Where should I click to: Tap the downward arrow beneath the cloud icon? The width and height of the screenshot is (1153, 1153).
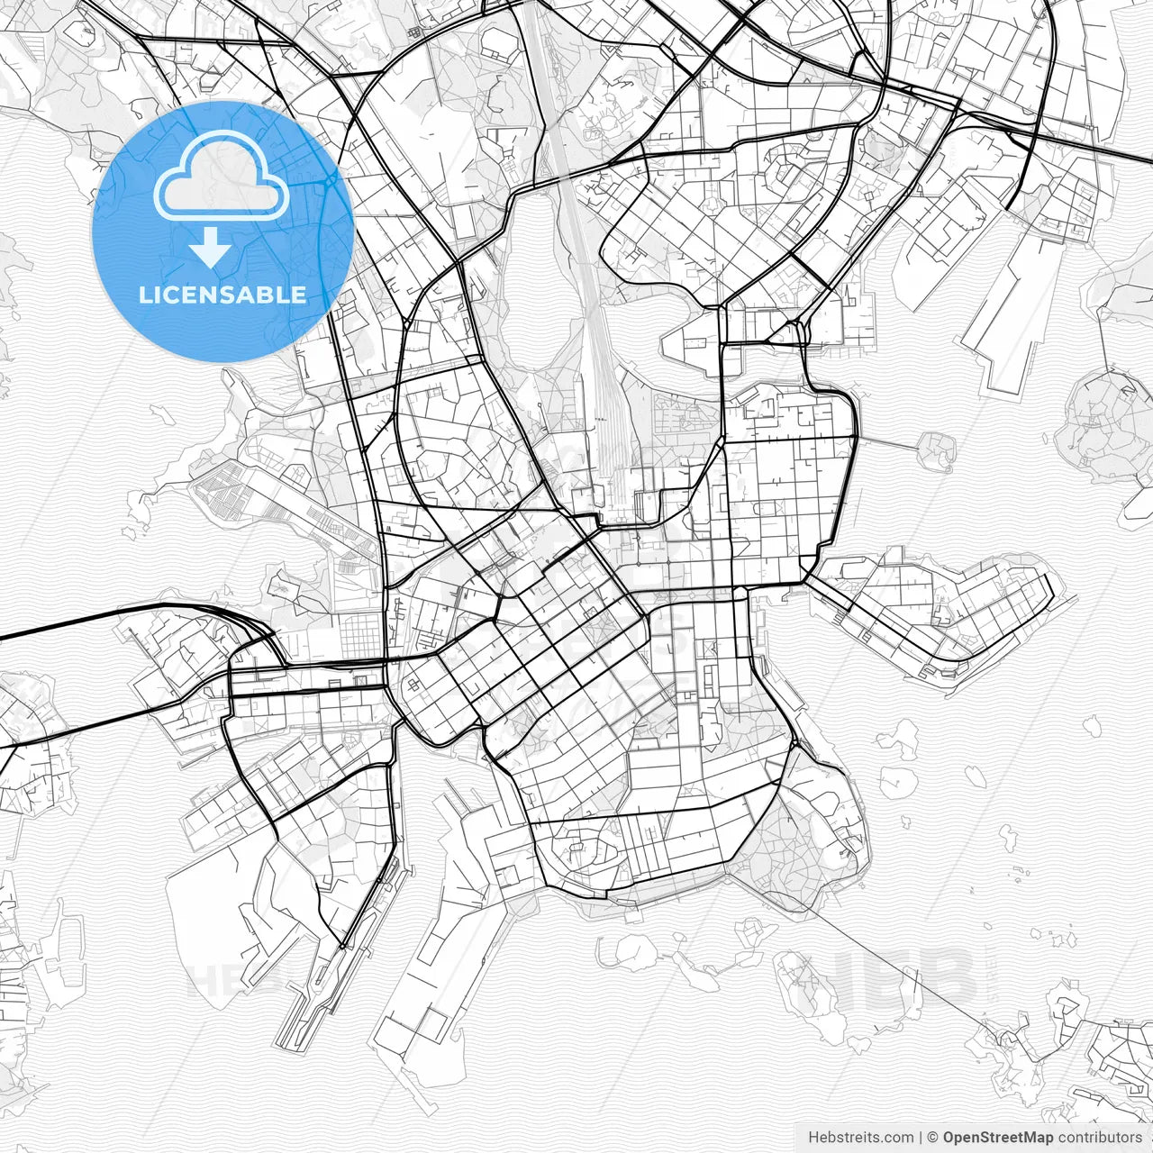pyautogui.click(x=210, y=248)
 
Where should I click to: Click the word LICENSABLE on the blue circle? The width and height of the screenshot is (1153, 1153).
pyautogui.click(x=222, y=295)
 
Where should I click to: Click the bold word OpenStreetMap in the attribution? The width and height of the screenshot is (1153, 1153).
pyautogui.click(x=997, y=1138)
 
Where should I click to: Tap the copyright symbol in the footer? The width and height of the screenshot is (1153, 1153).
pyautogui.click(x=933, y=1138)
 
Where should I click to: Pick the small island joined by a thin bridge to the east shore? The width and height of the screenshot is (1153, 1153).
pyautogui.click(x=937, y=449)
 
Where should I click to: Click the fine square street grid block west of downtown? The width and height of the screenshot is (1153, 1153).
pyautogui.click(x=360, y=631)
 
